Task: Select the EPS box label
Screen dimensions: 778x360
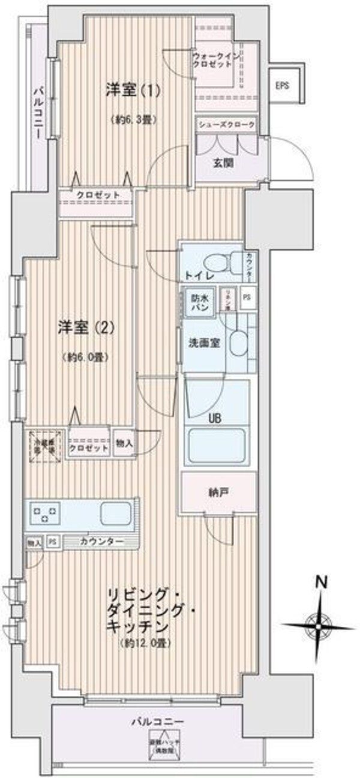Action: point(283,86)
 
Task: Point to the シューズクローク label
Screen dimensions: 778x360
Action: point(227,125)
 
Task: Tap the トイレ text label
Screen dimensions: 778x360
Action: point(196,277)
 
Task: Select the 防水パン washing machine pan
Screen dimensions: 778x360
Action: point(199,302)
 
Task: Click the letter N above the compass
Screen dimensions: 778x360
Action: point(322,581)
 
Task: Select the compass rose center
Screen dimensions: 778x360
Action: point(317,625)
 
